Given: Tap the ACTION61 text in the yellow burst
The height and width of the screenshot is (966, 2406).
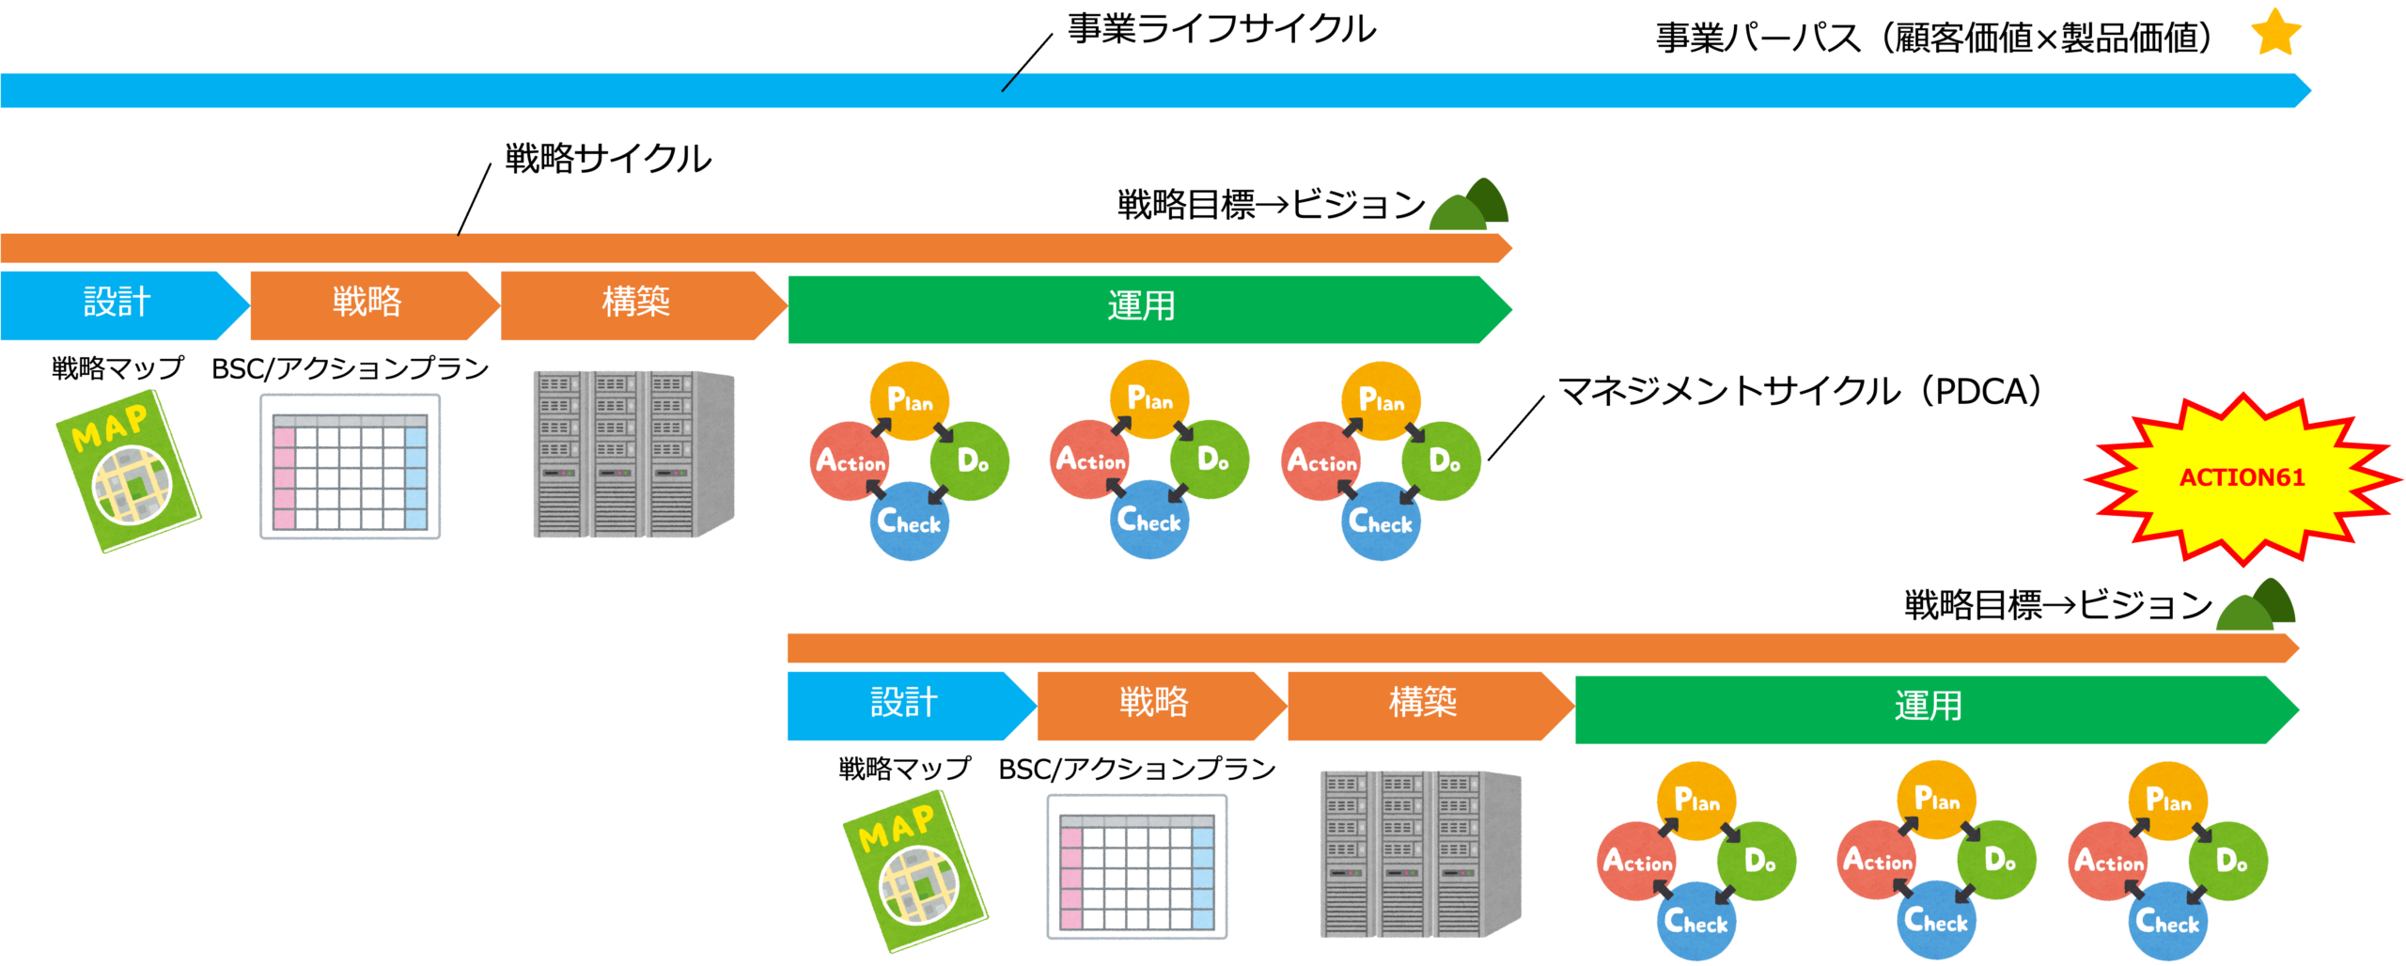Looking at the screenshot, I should point(2242,478).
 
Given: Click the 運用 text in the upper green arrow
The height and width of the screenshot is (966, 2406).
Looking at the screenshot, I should point(1141,307).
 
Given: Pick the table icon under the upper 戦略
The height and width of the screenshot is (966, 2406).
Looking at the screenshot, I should point(350,467).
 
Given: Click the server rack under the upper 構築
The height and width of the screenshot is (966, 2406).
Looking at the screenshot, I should point(633,455).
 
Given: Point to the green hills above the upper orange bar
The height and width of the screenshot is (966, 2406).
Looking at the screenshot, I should point(1469,205).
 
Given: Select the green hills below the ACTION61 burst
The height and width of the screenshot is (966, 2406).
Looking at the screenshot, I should point(2256,606).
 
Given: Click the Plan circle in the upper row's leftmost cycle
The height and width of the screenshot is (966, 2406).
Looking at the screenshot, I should point(909,400).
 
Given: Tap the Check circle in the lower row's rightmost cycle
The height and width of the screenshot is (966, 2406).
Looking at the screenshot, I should point(2166,921).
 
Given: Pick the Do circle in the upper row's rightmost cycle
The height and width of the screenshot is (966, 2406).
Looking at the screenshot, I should point(1443,460).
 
